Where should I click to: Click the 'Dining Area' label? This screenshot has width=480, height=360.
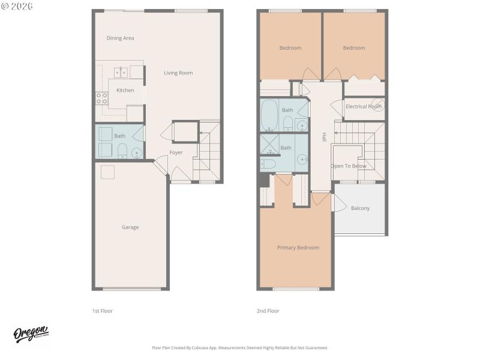point(120,38)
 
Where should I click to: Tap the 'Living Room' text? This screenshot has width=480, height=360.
point(178,73)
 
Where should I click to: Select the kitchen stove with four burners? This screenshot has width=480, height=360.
point(101,98)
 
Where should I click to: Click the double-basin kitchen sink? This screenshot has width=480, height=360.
point(121,73)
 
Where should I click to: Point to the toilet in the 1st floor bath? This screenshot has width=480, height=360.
point(122,151)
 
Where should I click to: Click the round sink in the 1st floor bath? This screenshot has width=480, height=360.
point(136,152)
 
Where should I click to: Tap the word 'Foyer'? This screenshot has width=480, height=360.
point(176,152)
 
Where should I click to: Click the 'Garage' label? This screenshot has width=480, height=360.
point(130,227)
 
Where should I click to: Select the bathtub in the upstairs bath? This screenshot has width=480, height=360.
point(269,115)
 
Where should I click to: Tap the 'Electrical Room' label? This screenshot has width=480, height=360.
point(364,106)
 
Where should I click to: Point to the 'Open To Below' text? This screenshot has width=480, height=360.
point(349,166)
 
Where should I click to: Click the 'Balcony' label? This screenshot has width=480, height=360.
point(360,208)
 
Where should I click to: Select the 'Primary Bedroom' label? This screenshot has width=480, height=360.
point(298,247)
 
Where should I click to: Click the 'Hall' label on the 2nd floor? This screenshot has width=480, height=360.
point(324,137)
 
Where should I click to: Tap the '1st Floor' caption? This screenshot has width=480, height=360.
point(102,311)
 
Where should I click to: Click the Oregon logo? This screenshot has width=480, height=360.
point(31,334)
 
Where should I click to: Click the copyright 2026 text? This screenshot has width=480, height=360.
point(17,5)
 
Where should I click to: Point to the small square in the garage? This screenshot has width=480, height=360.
point(108,172)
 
